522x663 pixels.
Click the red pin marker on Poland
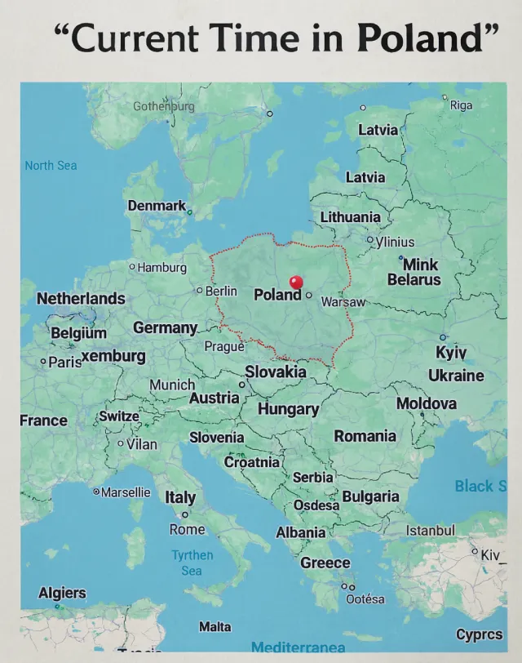click(296, 282)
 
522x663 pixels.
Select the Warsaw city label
click(342, 302)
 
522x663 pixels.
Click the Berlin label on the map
click(221, 291)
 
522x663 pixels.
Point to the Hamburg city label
click(161, 267)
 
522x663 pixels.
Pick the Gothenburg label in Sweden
click(164, 106)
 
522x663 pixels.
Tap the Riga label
click(461, 105)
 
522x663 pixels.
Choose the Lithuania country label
click(350, 216)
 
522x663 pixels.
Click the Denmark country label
click(157, 206)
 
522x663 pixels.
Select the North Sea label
click(51, 166)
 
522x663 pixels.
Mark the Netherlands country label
click(81, 298)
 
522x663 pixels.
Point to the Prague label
click(224, 346)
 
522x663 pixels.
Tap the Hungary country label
click(288, 408)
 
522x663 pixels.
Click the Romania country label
click(365, 436)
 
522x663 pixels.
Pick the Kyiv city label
click(451, 352)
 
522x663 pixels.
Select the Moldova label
click(426, 403)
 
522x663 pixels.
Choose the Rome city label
click(187, 529)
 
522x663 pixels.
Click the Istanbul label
click(430, 531)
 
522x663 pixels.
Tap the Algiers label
click(62, 592)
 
